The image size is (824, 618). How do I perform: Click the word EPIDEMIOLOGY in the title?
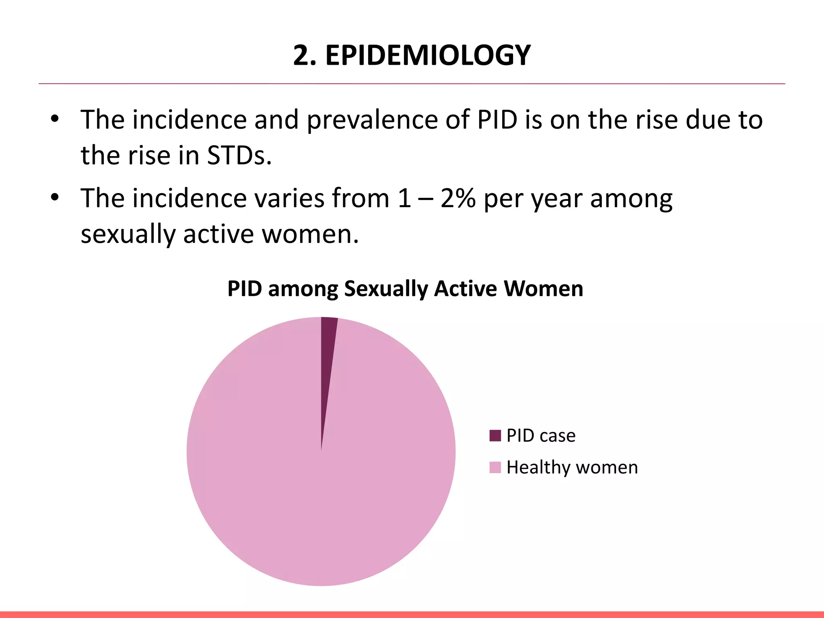(428, 55)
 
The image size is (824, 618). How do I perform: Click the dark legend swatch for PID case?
(495, 436)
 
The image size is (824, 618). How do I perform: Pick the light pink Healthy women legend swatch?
(495, 468)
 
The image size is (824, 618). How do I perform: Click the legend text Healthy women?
(572, 468)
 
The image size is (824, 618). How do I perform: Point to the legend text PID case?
(541, 436)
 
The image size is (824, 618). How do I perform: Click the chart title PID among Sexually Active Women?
(405, 288)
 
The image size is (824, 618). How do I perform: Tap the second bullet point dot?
(55, 198)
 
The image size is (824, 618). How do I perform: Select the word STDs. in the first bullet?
(239, 155)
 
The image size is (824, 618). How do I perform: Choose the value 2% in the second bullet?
(457, 198)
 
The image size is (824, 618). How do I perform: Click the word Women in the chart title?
(543, 288)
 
